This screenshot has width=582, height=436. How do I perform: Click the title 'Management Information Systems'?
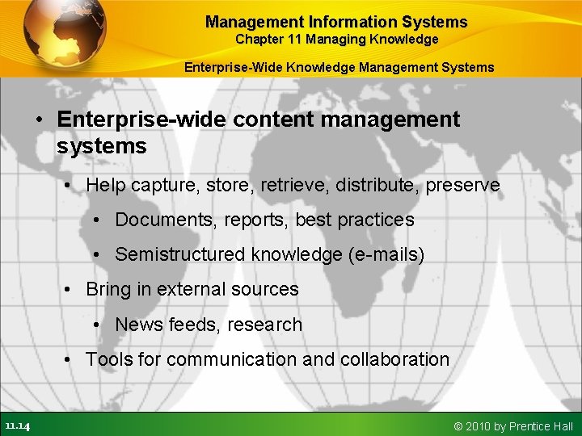336,22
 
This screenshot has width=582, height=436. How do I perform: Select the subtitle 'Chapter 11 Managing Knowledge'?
336,40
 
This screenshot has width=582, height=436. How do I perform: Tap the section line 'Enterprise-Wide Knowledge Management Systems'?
339,67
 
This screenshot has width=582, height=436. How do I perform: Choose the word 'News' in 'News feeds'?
138,325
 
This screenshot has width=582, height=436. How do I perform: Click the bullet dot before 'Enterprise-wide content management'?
39,119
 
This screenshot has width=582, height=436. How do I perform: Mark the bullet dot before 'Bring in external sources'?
70,290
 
